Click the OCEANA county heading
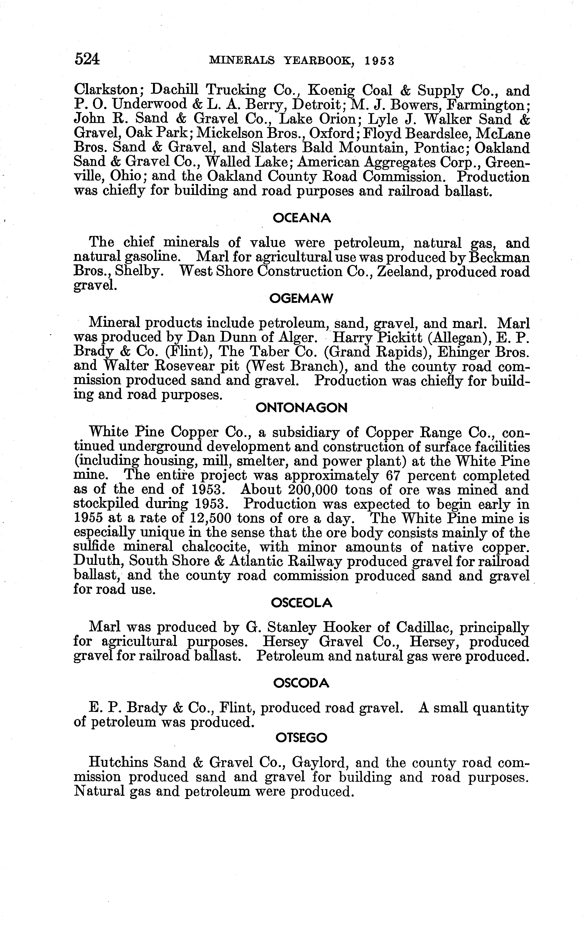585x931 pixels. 302,218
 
